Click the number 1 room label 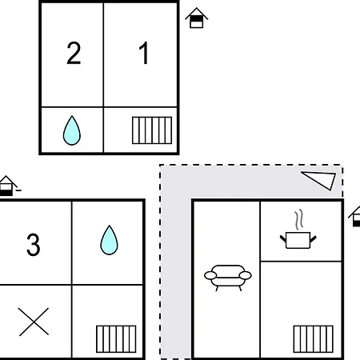(144, 53)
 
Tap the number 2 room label (74, 53)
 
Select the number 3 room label (34, 245)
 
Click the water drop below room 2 (72, 130)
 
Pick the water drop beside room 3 (109, 240)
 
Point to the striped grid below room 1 (152, 130)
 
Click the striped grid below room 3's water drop (116, 339)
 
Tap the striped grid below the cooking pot (314, 339)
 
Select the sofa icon (228, 278)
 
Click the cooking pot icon (298, 240)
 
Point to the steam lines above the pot (299, 219)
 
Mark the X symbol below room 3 (34, 322)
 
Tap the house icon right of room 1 (197, 18)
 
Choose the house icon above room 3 (8, 186)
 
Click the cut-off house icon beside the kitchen (355, 217)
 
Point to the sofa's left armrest (210, 275)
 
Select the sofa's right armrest (245, 275)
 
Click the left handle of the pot (283, 239)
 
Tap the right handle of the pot (313, 239)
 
